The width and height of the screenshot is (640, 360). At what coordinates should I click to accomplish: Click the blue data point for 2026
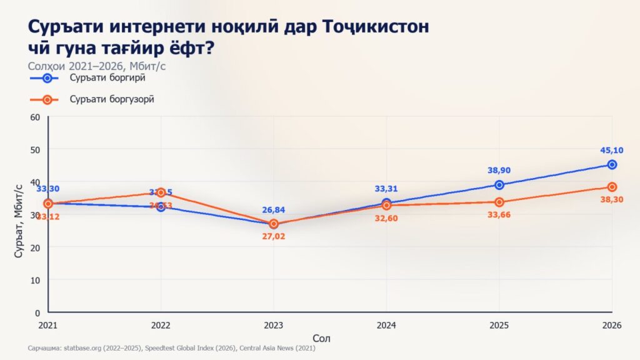tap(612, 165)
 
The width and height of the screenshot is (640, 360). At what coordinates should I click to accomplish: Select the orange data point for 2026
tap(612, 187)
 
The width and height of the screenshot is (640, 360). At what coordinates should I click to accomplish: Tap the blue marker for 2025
tap(499, 185)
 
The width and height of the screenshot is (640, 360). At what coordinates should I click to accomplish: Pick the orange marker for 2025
tap(499, 202)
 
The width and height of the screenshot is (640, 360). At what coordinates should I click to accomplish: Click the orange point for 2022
tap(161, 192)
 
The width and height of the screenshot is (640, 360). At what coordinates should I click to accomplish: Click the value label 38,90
tap(499, 170)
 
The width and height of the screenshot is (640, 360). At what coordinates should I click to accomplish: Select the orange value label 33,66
tap(499, 217)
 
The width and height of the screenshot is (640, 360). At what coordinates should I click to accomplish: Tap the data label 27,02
tap(273, 237)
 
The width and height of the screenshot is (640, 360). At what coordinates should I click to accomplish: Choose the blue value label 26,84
tap(273, 209)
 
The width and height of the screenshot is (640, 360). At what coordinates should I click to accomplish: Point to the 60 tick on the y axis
tap(35, 117)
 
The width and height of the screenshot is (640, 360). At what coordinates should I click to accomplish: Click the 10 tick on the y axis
tap(35, 280)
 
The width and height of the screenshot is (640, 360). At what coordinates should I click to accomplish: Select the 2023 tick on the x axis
tap(273, 325)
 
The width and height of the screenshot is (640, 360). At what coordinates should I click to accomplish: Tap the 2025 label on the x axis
tap(499, 325)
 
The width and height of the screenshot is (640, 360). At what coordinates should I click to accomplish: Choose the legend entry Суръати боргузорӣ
tap(112, 99)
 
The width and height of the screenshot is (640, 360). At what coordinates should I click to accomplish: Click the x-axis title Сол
tap(321, 338)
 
